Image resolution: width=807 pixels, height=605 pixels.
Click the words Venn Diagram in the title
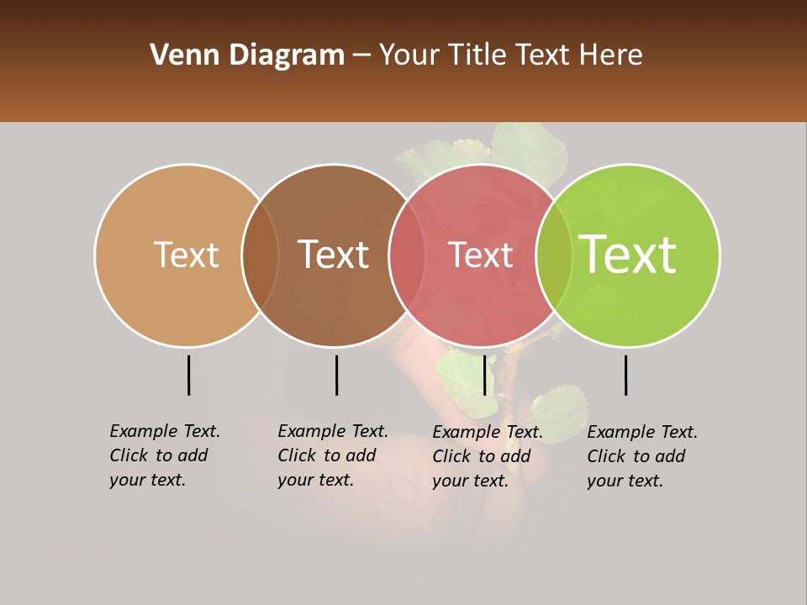247,55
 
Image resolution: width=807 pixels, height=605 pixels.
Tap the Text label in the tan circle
186,255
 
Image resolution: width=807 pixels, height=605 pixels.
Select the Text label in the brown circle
334,255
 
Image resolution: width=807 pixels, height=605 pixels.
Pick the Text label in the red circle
480,255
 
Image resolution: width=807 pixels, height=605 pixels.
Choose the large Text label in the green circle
628,255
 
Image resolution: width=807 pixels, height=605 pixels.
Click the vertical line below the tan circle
189,375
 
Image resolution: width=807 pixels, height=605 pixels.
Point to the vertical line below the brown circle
336,375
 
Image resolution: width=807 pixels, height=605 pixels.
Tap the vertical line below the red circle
484,375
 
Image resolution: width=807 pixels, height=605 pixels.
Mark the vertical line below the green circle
626,375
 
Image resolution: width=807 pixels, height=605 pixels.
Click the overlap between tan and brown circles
261,255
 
